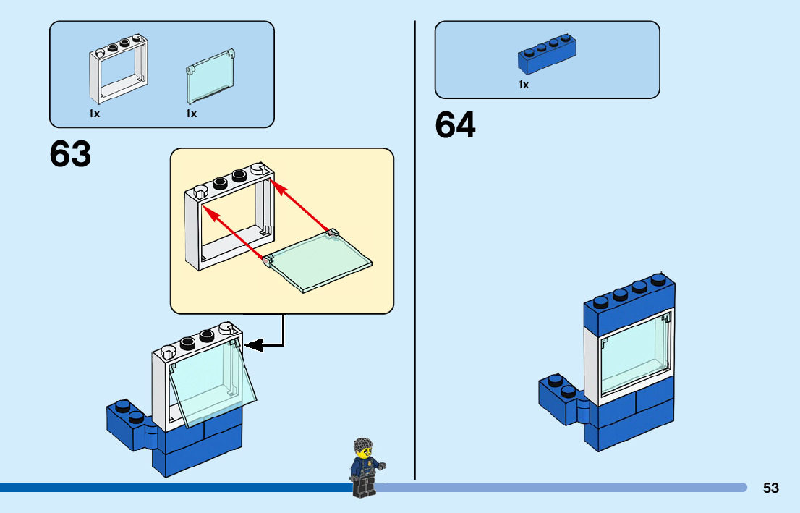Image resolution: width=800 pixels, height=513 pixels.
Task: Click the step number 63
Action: tap(70, 154)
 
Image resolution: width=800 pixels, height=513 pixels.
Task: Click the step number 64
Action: tap(455, 126)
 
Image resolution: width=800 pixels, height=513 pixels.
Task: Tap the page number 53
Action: tap(770, 488)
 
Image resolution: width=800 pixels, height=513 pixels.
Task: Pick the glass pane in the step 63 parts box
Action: tap(210, 77)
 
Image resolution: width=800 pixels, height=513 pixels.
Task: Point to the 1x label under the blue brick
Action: tap(523, 85)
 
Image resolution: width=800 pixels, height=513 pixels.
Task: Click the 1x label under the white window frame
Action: tap(95, 114)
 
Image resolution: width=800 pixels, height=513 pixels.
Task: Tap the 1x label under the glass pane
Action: tap(191, 114)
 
